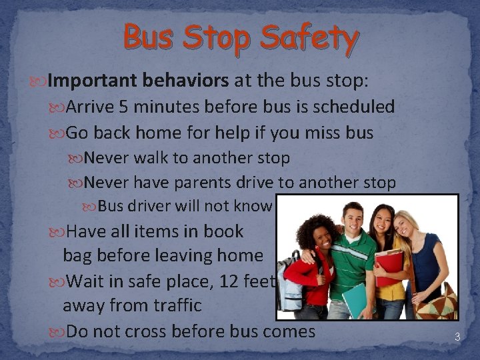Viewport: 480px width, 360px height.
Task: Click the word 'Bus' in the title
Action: (148, 39)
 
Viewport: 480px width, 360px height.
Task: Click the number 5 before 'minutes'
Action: (124, 107)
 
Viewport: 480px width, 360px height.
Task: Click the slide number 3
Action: (457, 337)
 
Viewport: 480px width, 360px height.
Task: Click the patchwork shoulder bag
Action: (439, 303)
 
